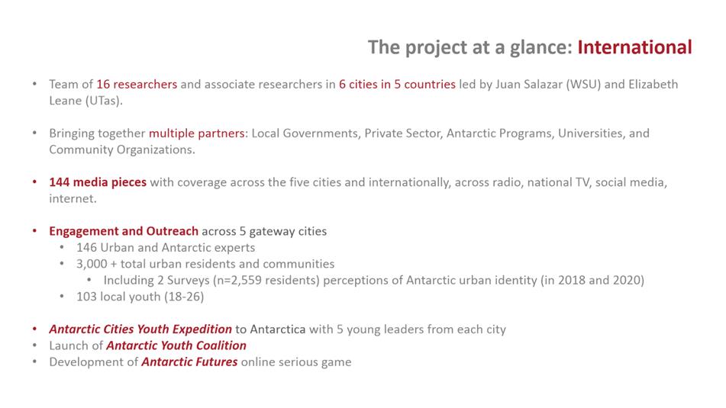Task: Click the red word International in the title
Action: [x=634, y=47]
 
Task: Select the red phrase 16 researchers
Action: [x=137, y=84]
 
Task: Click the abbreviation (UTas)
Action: [x=104, y=101]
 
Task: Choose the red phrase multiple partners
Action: [x=196, y=133]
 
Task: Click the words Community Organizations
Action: [x=122, y=150]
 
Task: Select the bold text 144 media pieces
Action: [x=98, y=182]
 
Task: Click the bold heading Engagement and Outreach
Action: [x=124, y=231]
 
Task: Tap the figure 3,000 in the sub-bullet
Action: [x=92, y=264]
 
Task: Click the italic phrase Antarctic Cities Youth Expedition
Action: [x=140, y=329]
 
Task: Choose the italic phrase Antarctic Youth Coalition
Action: [x=176, y=345]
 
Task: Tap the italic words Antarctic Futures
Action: [x=189, y=361]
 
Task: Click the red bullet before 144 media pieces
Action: [x=34, y=182]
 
